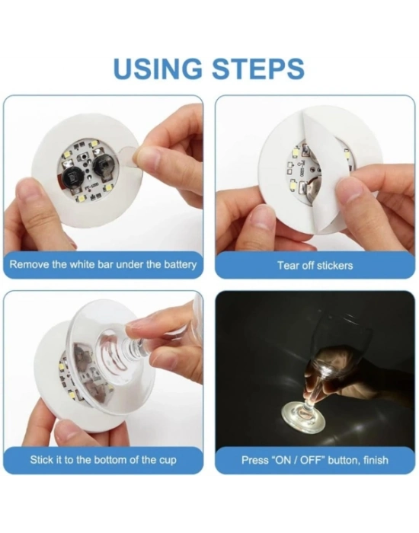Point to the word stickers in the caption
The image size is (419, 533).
click(334, 266)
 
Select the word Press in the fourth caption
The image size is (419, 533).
click(255, 460)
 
